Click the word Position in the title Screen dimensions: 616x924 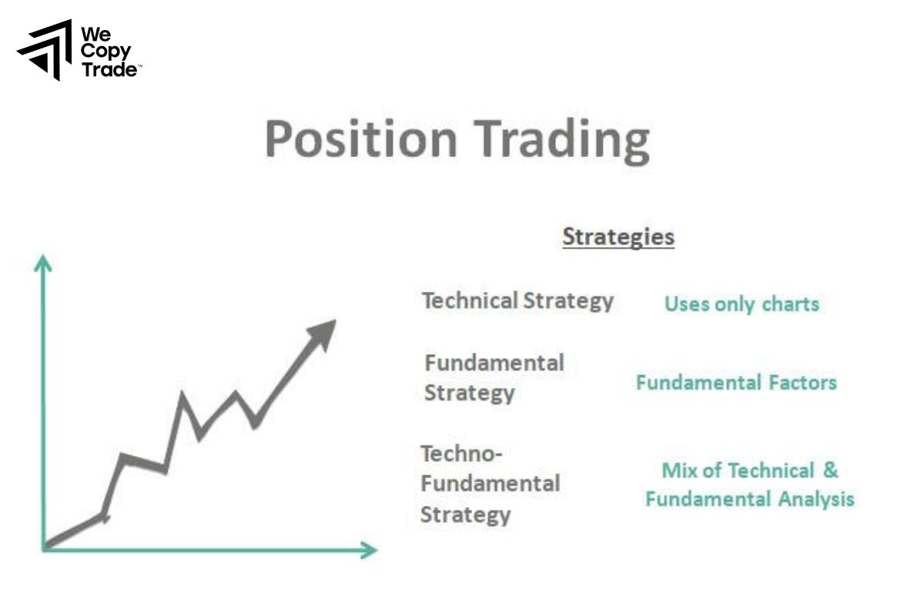(x=360, y=140)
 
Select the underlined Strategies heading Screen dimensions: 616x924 (x=618, y=236)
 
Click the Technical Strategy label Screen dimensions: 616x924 (x=517, y=300)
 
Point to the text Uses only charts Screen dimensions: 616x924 (x=742, y=304)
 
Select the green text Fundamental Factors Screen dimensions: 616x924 (x=736, y=382)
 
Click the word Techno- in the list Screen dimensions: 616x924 (x=461, y=454)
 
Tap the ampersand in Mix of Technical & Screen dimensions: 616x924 (x=829, y=470)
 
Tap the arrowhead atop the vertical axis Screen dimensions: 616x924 (x=44, y=264)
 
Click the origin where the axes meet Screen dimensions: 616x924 (x=45, y=548)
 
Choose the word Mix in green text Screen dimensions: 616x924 (x=678, y=470)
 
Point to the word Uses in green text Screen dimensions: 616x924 (x=686, y=304)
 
